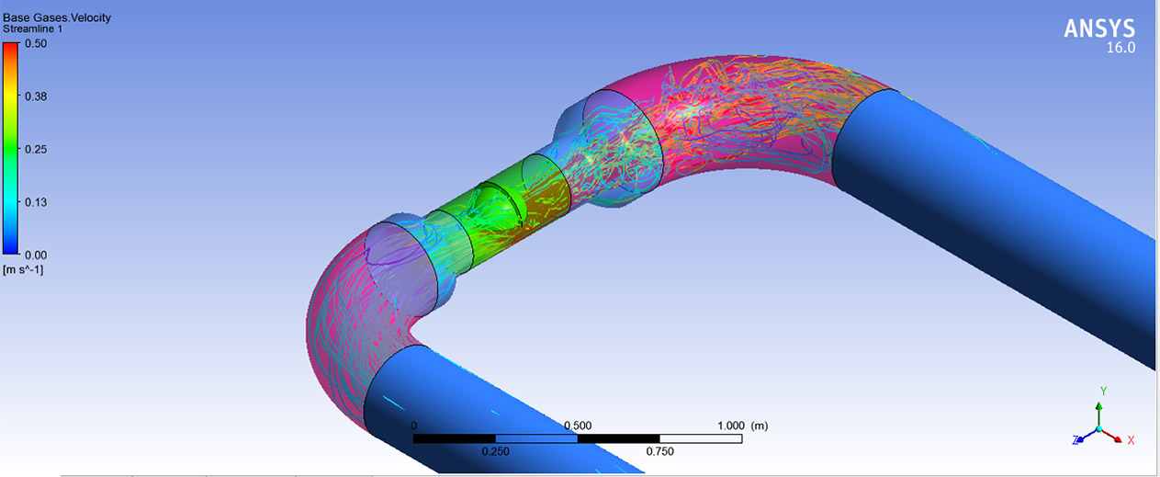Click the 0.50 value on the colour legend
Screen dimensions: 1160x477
point(36,43)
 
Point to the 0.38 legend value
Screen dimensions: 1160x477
point(36,97)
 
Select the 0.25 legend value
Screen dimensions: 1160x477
point(36,149)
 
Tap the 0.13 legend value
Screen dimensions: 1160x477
point(36,202)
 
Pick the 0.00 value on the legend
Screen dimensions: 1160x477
point(36,256)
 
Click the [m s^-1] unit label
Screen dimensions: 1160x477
point(23,270)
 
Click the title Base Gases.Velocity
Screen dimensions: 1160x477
point(57,17)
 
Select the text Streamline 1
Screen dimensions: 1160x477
point(33,29)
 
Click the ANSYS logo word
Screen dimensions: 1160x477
point(1099,29)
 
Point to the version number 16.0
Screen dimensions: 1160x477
point(1121,48)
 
